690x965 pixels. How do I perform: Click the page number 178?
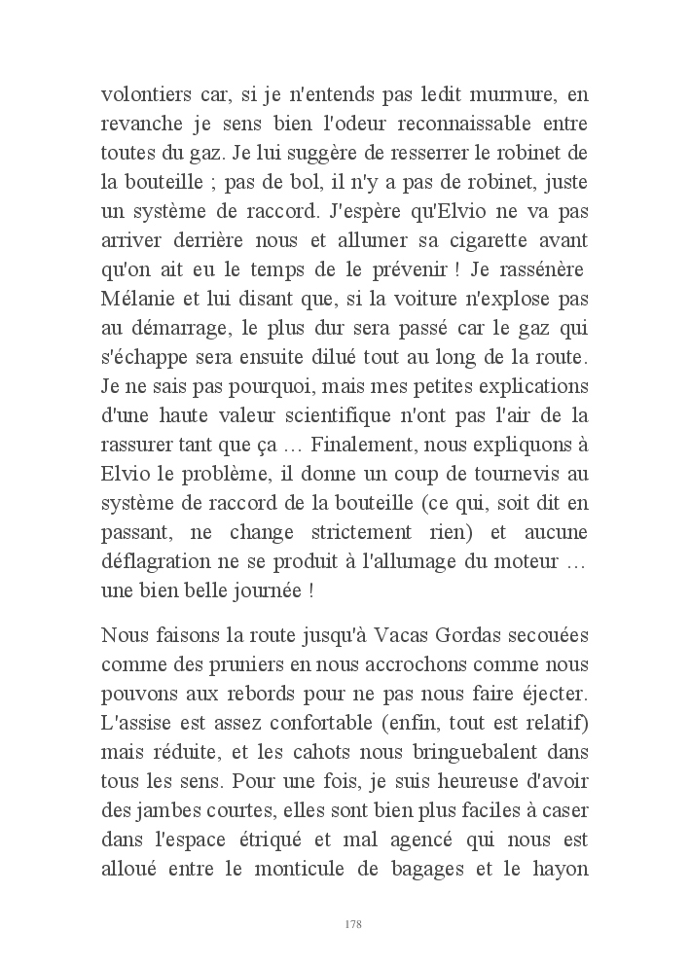coord(353,924)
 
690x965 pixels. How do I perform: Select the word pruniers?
coord(250,668)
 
